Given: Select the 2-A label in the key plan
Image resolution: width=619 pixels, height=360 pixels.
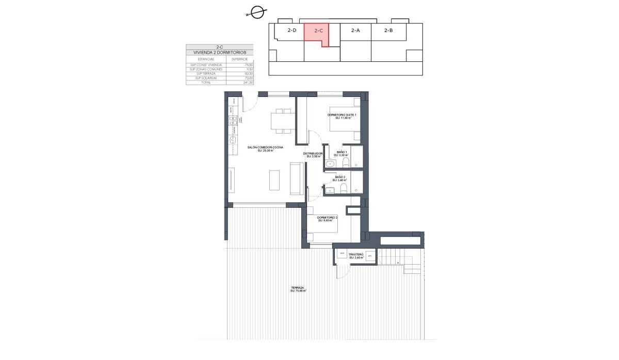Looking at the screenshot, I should point(355,30).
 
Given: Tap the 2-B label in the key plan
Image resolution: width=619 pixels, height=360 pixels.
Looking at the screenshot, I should point(389,30).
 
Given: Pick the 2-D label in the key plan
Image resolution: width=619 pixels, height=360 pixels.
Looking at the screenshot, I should point(292,30).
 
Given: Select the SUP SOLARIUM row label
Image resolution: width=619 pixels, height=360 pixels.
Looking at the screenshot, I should point(203,78).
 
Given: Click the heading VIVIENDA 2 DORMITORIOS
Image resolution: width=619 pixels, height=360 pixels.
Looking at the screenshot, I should point(220,53).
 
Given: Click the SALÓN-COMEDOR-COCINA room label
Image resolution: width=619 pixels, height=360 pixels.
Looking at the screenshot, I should point(265,148).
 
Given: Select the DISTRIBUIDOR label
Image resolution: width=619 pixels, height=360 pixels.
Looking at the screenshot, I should point(313,154).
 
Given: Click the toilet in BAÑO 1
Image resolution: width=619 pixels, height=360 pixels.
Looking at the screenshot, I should point(346,163).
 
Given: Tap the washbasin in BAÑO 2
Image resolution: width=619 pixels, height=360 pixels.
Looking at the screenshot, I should point(330,190).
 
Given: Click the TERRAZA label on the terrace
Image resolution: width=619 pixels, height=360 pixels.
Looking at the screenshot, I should point(298,289).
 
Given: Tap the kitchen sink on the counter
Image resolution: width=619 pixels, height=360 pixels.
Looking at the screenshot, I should point(233,121).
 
